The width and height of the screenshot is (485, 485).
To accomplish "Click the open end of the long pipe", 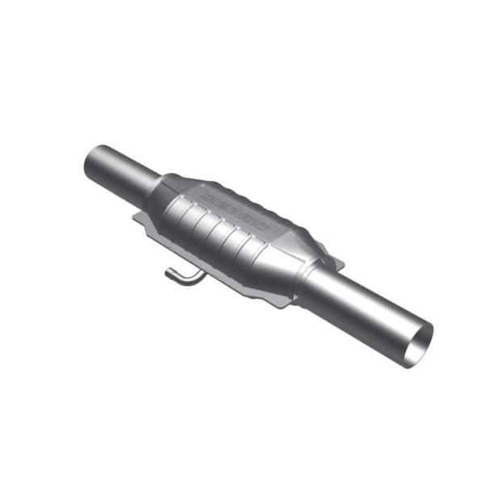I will [x=420, y=345].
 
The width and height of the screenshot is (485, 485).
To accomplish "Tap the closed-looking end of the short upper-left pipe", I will [x=91, y=162].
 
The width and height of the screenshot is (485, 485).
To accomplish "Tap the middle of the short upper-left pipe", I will [x=121, y=171].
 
